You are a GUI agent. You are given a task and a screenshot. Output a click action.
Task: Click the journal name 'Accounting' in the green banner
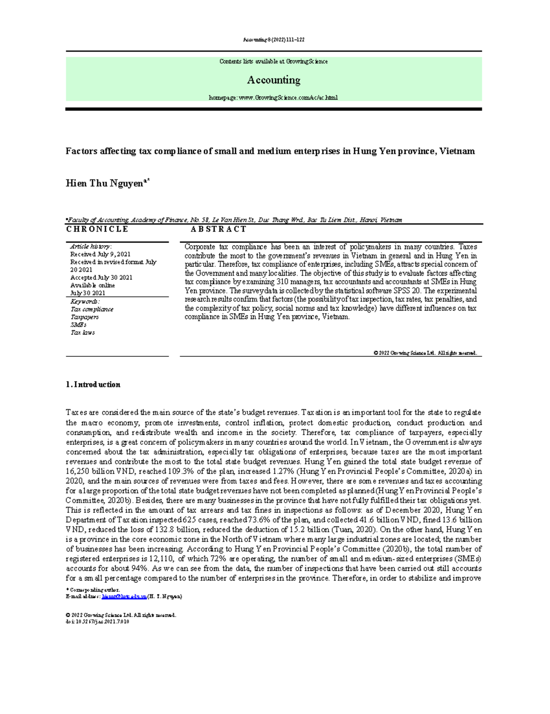(x=274, y=80)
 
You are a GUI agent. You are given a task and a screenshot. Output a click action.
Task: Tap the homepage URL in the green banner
(x=273, y=98)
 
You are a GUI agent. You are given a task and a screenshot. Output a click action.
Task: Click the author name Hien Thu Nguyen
(x=105, y=184)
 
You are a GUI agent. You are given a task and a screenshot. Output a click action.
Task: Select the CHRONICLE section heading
(x=97, y=229)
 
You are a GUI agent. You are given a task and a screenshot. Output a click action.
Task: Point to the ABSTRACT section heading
(x=219, y=229)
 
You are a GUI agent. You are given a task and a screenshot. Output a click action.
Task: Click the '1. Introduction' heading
(x=93, y=385)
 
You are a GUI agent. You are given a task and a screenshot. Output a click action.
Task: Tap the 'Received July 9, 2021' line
(x=100, y=254)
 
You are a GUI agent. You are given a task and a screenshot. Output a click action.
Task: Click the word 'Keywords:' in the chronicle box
(x=85, y=302)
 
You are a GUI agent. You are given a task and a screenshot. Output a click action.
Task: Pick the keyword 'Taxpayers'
(x=84, y=317)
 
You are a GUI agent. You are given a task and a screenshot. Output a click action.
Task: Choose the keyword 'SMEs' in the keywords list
(x=78, y=325)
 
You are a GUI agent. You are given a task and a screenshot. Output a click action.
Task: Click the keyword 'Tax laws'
(x=82, y=332)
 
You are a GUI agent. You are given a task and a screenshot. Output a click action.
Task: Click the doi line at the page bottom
(x=98, y=622)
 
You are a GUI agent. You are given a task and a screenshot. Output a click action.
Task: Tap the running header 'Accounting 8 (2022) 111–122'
(x=274, y=40)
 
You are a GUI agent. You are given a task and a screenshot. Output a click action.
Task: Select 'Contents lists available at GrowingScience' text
(x=273, y=61)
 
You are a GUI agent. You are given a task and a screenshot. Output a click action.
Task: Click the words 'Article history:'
(x=91, y=246)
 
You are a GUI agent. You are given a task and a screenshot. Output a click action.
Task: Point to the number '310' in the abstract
(x=284, y=282)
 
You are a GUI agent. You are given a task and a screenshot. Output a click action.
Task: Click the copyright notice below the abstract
(x=425, y=353)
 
